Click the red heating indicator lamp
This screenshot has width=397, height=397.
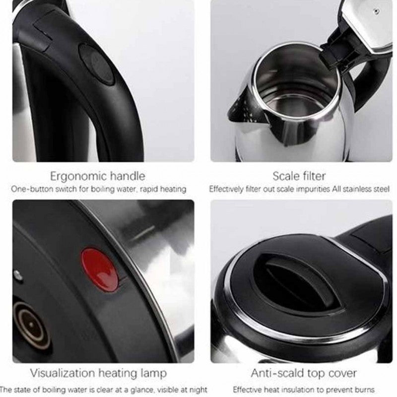coord(100,269)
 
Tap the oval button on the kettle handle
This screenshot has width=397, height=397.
coord(96,65)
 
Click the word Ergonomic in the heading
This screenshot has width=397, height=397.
coord(76,177)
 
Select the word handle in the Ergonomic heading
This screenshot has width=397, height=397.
coord(126,176)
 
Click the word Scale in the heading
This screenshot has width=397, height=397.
coord(284,176)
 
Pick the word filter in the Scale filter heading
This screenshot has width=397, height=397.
coord(313,176)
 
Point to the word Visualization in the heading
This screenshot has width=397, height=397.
coord(63,373)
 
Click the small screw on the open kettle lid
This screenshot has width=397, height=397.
coord(377,11)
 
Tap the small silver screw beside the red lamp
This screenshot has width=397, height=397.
coord(18,274)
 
